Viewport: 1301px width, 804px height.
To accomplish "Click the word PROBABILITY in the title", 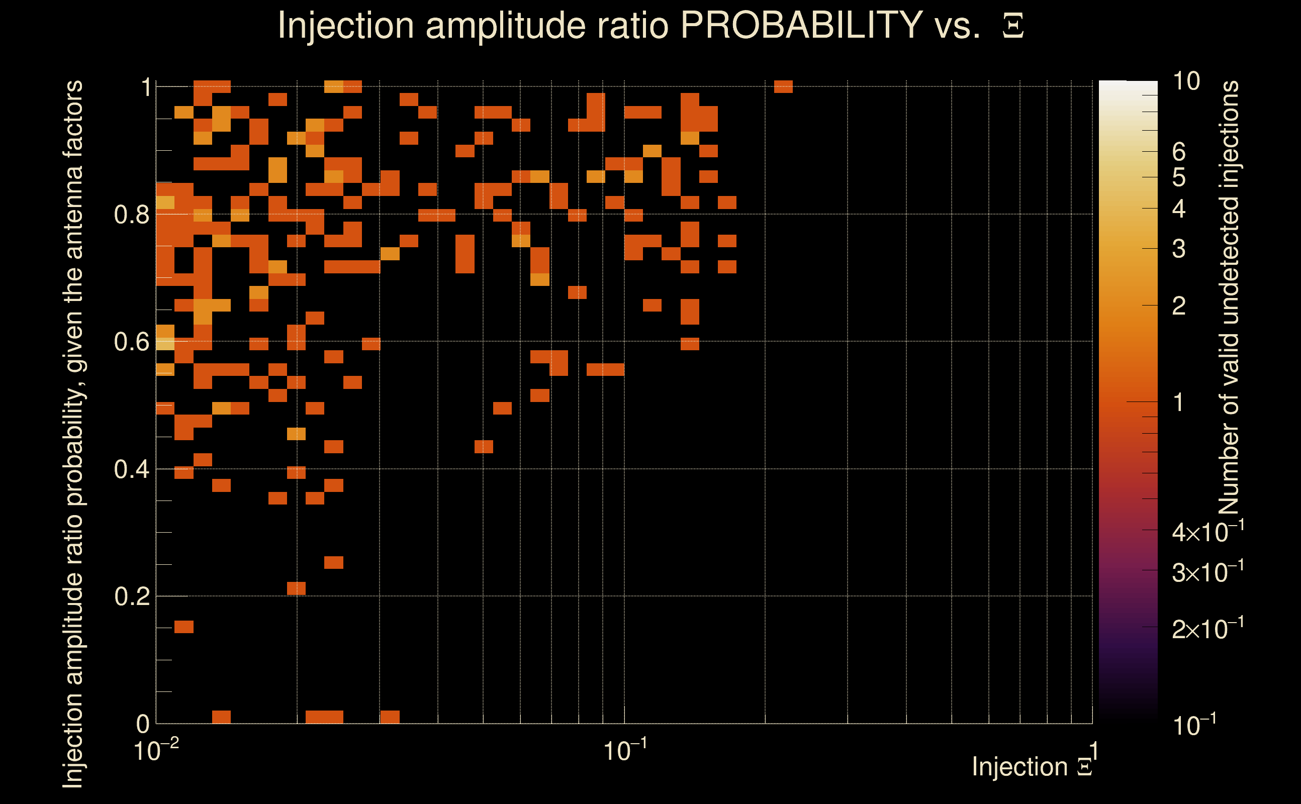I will (x=801, y=25).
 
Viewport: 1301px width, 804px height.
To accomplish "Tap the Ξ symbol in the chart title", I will (x=1013, y=26).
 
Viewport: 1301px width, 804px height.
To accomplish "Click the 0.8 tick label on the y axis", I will (x=131, y=215).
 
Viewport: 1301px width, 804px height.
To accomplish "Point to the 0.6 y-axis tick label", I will (x=131, y=342).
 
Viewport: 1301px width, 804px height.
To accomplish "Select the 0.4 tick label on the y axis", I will (x=131, y=469).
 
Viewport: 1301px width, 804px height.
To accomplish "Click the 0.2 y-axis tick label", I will (x=131, y=596).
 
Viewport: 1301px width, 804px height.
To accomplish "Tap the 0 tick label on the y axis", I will (x=143, y=724).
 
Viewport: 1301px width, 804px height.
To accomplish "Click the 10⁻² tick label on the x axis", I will (x=156, y=750).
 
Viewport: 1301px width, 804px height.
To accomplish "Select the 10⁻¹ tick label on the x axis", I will (x=625, y=750).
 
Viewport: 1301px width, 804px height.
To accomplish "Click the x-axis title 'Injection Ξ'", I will (x=1032, y=767).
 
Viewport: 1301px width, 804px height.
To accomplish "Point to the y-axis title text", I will (x=73, y=434).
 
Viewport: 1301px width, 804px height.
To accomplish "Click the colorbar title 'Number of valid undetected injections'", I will (x=1229, y=298).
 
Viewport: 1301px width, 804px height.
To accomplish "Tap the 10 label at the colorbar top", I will (x=1186, y=81).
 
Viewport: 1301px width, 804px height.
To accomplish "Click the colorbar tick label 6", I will (x=1179, y=152).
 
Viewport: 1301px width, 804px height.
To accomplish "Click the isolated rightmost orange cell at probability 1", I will (x=783, y=86).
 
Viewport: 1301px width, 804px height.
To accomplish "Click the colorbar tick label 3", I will (x=1179, y=249).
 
